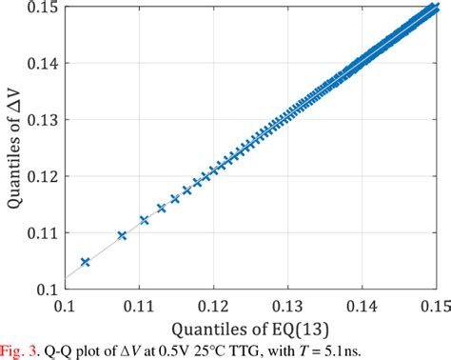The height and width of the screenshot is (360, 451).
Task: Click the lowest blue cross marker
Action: (85, 261)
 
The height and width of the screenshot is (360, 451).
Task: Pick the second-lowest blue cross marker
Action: (121, 234)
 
